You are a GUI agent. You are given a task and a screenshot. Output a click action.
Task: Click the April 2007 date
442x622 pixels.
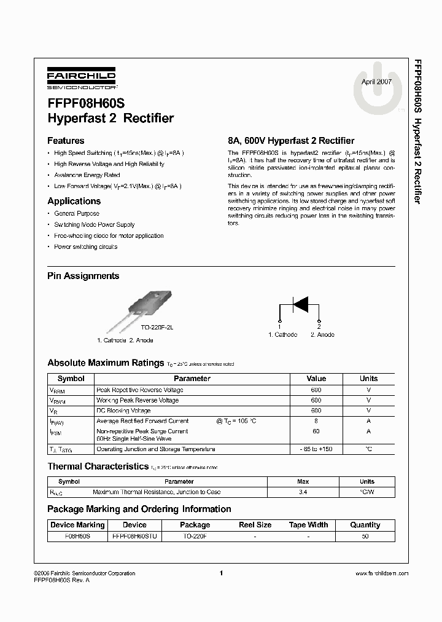(x=376, y=82)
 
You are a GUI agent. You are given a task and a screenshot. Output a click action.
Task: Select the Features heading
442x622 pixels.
(x=66, y=141)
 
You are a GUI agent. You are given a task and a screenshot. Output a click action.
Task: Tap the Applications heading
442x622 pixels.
(x=74, y=201)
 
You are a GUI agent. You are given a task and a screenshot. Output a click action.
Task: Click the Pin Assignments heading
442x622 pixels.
(x=83, y=276)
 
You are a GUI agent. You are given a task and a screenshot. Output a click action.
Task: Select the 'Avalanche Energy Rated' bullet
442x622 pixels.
(x=87, y=175)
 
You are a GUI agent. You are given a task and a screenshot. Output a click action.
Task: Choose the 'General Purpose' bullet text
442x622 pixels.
(x=77, y=213)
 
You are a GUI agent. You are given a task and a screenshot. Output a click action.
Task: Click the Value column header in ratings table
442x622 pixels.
(x=316, y=379)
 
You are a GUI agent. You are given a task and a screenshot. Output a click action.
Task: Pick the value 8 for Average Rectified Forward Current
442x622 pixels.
(x=316, y=421)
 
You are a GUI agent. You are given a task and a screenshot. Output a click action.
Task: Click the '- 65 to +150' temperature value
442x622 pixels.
(x=316, y=450)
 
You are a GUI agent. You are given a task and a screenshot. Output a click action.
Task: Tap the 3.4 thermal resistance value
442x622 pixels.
(x=303, y=492)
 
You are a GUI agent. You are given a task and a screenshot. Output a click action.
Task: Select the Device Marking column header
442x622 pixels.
(x=77, y=525)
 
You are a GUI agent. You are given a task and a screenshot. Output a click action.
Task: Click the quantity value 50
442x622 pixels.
(x=365, y=536)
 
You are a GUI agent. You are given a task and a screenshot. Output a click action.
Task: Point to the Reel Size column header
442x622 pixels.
(x=255, y=525)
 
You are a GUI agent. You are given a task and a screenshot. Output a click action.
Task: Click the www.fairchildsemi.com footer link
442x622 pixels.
(x=382, y=573)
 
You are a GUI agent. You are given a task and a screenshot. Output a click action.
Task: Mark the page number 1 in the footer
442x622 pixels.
(x=220, y=573)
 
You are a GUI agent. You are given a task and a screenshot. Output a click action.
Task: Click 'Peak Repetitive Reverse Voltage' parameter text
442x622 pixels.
(x=140, y=390)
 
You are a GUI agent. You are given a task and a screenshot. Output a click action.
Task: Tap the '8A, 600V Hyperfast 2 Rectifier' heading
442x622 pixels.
(x=291, y=141)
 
